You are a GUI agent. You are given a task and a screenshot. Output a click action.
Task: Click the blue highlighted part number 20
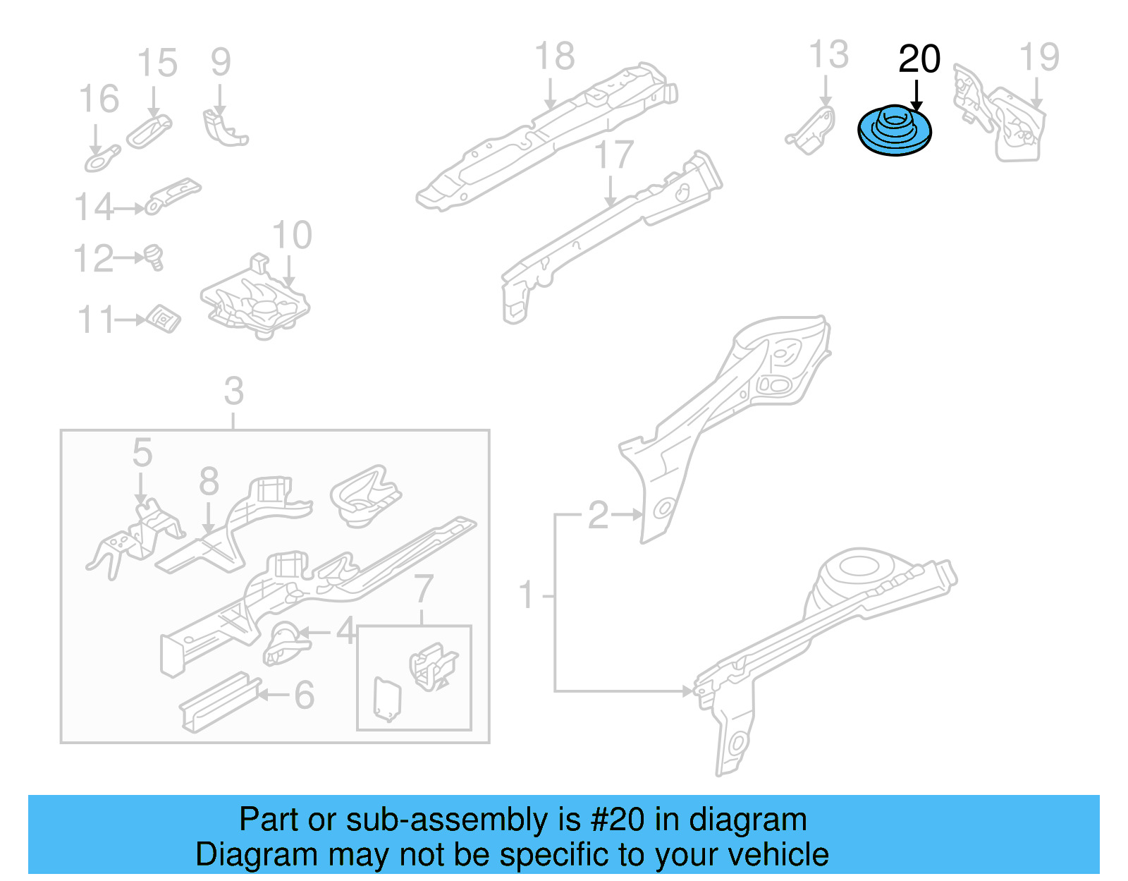click(x=894, y=131)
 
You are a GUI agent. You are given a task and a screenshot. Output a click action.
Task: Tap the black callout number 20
click(x=919, y=59)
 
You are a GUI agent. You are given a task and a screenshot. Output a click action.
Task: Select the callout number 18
click(x=554, y=56)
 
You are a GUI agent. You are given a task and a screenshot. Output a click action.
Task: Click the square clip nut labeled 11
click(x=164, y=319)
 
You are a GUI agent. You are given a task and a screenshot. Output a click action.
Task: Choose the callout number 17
click(x=613, y=155)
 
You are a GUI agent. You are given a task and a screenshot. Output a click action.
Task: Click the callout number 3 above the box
click(x=233, y=391)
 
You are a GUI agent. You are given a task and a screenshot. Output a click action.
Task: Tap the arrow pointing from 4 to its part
click(x=317, y=632)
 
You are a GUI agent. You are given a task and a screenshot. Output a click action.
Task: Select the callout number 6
click(x=304, y=695)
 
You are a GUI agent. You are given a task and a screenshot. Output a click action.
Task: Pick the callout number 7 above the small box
click(x=422, y=588)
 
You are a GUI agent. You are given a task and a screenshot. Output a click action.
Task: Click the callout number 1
click(x=526, y=595)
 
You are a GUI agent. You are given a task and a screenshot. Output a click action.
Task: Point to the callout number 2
click(x=598, y=515)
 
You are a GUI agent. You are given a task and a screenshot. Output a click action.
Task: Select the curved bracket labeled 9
click(x=224, y=128)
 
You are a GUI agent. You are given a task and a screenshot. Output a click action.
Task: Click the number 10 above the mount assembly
click(x=291, y=236)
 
